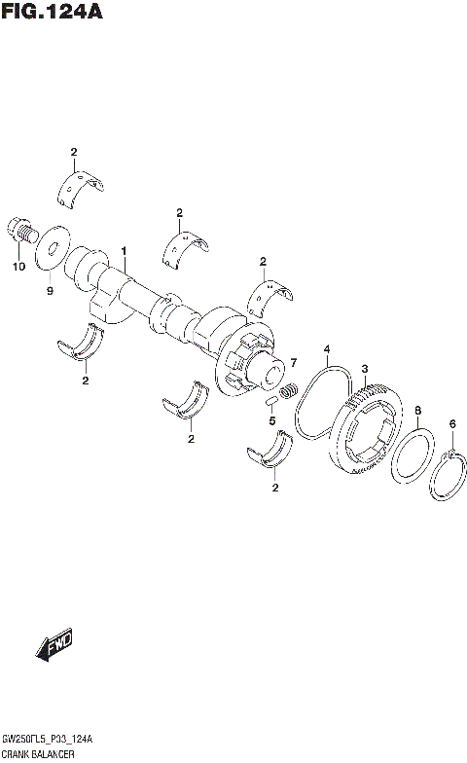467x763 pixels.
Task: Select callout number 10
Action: pyautogui.click(x=17, y=267)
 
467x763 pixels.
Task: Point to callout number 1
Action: pyautogui.click(x=125, y=251)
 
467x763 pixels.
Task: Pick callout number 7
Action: pyautogui.click(x=290, y=362)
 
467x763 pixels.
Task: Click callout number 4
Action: pyautogui.click(x=327, y=349)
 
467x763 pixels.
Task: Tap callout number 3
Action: pyautogui.click(x=363, y=369)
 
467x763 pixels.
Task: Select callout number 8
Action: pyautogui.click(x=416, y=410)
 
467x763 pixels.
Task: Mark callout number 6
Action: pyautogui.click(x=451, y=422)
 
